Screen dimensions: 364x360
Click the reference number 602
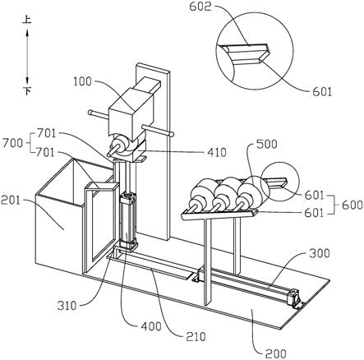click(200, 7)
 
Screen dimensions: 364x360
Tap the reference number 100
click(82, 81)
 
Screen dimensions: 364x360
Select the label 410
click(216, 152)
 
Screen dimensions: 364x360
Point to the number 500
click(266, 144)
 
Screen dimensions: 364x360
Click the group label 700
click(12, 143)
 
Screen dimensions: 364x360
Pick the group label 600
click(353, 205)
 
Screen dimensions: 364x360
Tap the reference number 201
click(11, 201)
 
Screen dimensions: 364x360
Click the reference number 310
click(67, 306)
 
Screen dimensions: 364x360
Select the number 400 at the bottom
click(151, 326)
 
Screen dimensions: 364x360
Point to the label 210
click(196, 336)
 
